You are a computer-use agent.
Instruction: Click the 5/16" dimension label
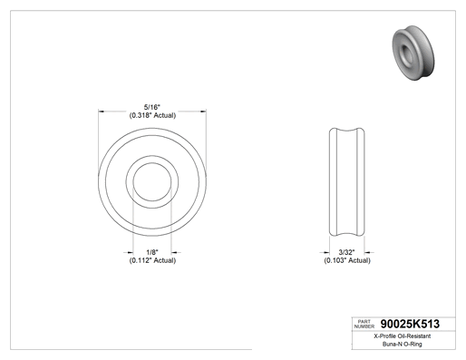click(x=152, y=107)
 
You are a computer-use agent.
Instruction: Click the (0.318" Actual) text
click(x=152, y=115)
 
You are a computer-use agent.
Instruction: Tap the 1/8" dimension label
click(x=152, y=252)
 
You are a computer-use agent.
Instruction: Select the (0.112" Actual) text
click(x=152, y=260)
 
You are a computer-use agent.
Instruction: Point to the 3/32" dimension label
click(x=346, y=252)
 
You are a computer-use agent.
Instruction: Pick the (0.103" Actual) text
click(x=347, y=260)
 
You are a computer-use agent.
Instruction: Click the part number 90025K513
click(x=410, y=324)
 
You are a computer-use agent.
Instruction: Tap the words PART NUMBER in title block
click(x=364, y=324)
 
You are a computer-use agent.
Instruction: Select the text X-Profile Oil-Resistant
click(x=403, y=336)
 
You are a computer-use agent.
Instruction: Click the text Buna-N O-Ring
click(x=403, y=344)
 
